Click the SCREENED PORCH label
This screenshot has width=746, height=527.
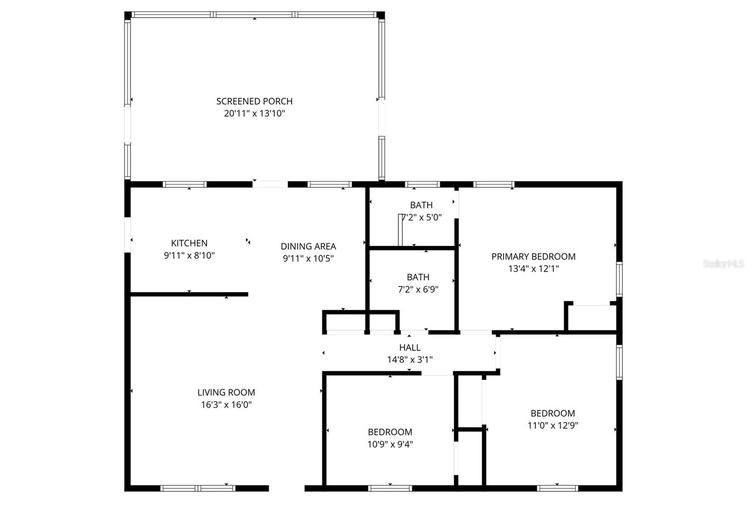click(x=254, y=101)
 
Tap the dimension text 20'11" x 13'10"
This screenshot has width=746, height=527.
click(x=254, y=113)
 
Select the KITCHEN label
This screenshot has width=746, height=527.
click(x=189, y=243)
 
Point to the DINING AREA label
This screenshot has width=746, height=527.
click(x=308, y=246)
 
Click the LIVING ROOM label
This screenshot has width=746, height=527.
click(x=226, y=393)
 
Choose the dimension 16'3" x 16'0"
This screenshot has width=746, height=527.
click(x=226, y=405)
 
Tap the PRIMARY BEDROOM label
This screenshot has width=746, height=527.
click(x=533, y=257)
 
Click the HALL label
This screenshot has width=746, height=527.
click(x=409, y=347)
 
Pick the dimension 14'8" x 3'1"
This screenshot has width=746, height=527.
click(x=409, y=360)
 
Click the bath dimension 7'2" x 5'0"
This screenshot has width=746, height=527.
click(x=421, y=217)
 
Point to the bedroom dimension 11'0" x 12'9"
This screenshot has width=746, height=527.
click(x=553, y=425)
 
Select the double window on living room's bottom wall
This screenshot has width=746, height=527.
click(x=198, y=488)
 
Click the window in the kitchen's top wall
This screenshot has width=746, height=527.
click(x=185, y=184)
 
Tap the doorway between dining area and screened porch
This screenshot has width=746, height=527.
click(x=270, y=184)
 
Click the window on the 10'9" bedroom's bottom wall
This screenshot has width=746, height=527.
click(x=390, y=488)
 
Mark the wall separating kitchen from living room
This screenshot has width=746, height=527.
click(x=189, y=294)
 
